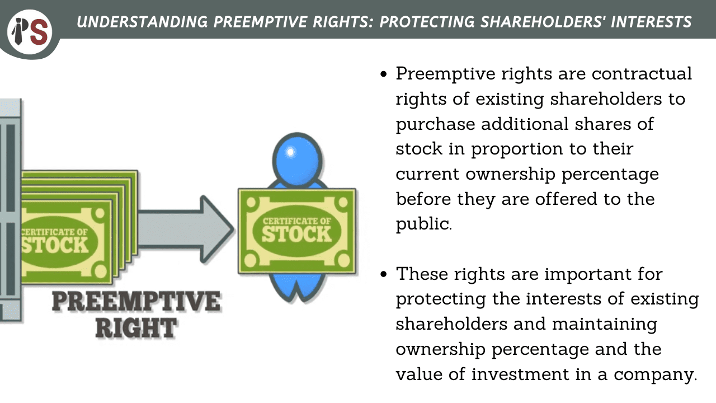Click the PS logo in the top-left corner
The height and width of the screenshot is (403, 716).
click(30, 32)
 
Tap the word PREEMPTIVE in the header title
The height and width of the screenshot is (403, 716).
click(260, 22)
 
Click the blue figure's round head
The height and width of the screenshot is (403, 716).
click(297, 160)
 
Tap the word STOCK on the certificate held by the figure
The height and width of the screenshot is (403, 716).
click(296, 235)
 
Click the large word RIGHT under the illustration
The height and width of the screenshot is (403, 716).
click(136, 328)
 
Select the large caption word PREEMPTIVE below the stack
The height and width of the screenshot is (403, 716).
click(136, 301)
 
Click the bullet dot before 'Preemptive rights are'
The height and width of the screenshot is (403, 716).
click(384, 74)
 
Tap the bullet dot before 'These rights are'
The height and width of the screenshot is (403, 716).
click(384, 274)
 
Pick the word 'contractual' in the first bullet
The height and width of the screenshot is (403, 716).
click(642, 74)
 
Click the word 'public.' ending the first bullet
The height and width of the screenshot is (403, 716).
click(424, 224)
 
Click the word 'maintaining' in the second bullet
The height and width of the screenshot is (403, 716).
click(605, 325)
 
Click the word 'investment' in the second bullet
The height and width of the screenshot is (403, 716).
click(520, 374)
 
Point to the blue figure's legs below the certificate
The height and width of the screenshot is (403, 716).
click(296, 287)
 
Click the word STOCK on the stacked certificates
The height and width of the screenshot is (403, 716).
click(55, 245)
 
